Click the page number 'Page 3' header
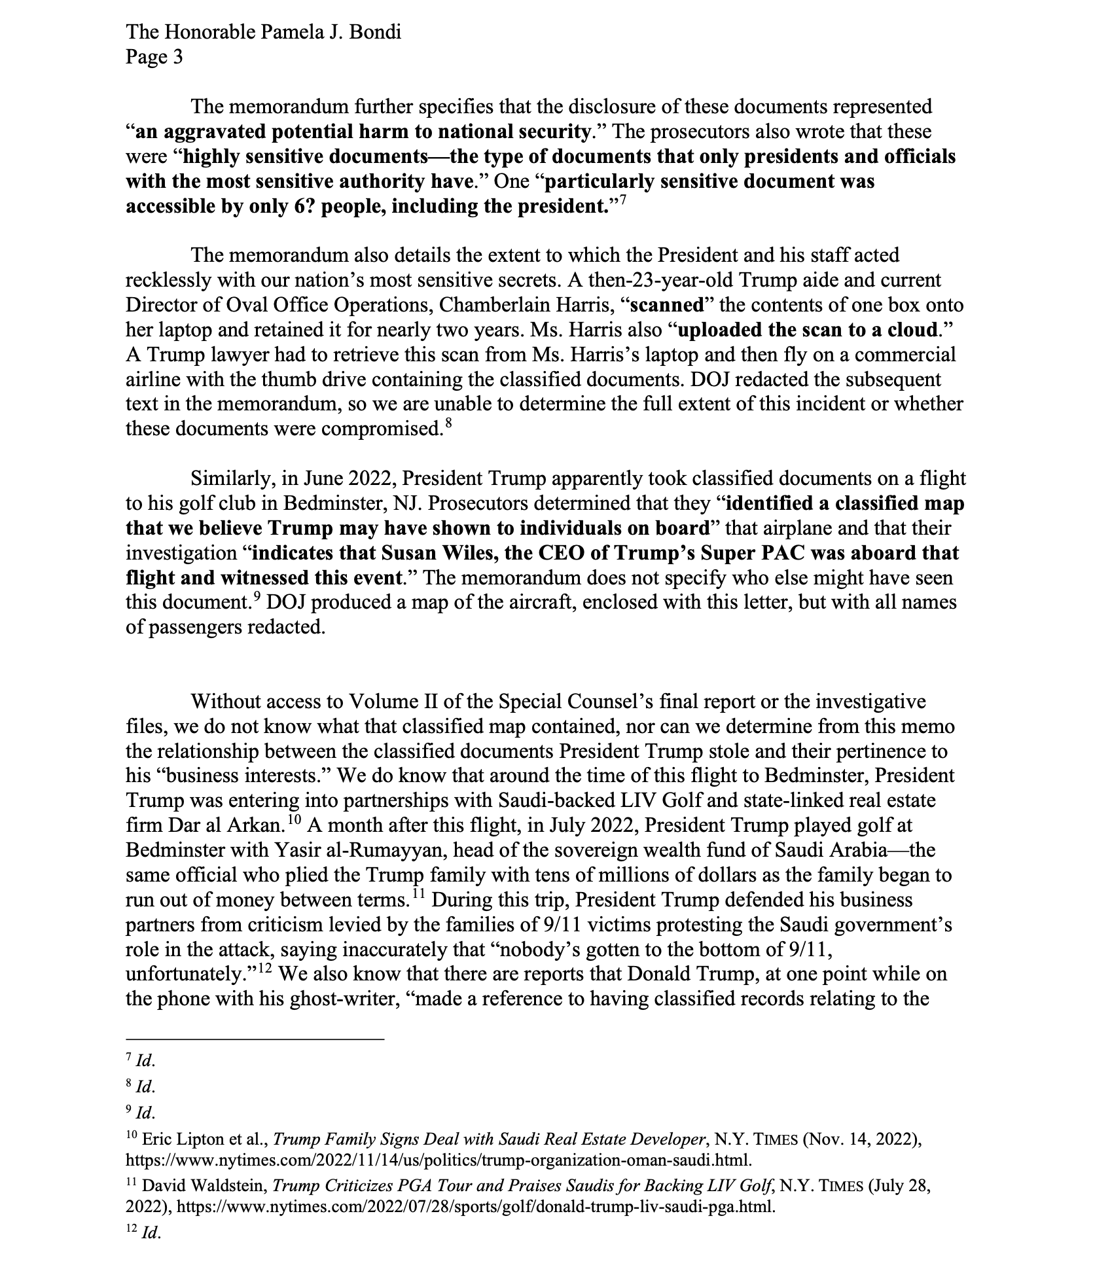pyautogui.click(x=154, y=58)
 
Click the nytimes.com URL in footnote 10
pyautogui.click(x=439, y=1160)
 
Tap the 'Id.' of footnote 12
pyautogui.click(x=150, y=1233)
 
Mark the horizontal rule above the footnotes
pyautogui.click(x=255, y=1039)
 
